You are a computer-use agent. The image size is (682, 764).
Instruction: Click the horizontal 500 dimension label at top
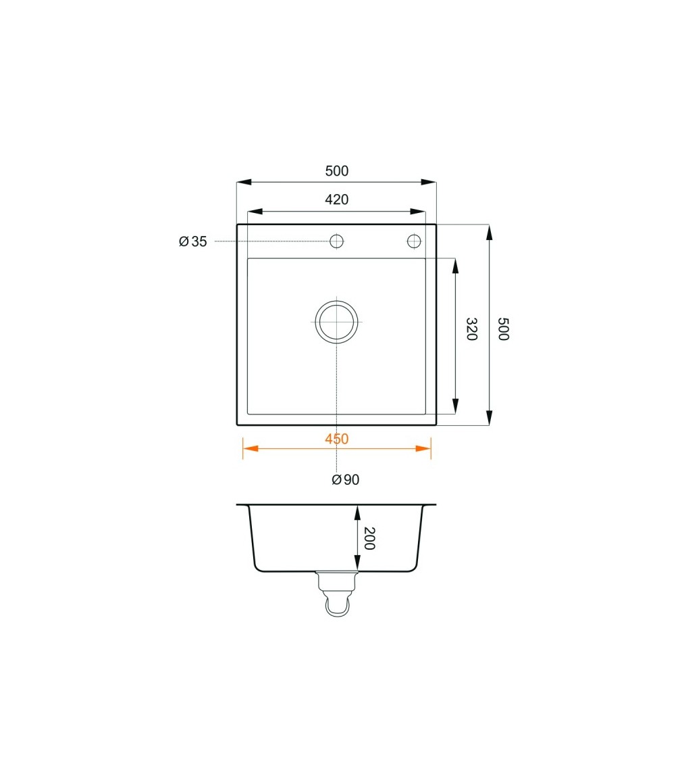pos(337,171)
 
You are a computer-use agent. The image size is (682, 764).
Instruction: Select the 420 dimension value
pos(337,199)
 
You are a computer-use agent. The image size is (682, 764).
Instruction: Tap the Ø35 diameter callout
pos(192,241)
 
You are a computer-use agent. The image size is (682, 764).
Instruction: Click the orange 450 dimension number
pos(337,439)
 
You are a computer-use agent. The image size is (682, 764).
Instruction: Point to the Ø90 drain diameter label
pos(346,480)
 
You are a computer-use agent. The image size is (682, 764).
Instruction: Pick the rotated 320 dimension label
pos(471,329)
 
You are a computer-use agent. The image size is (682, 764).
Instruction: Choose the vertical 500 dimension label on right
pos(503,329)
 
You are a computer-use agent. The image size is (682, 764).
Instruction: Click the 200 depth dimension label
pos(369,538)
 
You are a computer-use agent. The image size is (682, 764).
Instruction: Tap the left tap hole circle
pos(336,241)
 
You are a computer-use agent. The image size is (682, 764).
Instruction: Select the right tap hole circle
pos(414,241)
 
